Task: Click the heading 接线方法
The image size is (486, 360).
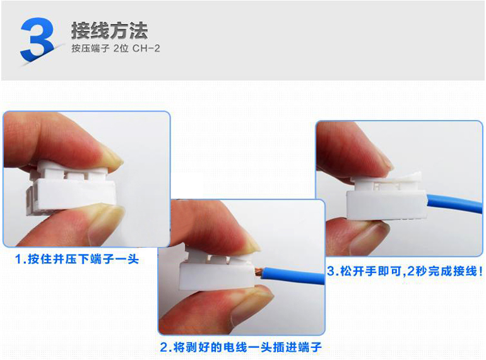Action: point(109,30)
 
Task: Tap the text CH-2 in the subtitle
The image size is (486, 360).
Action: point(146,49)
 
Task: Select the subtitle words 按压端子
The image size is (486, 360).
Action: point(90,49)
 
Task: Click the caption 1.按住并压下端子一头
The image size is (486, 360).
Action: point(77,259)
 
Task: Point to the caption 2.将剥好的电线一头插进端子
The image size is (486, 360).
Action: point(241,347)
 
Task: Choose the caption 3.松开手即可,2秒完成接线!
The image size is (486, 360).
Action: point(405,272)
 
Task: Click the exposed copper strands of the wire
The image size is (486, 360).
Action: point(258,272)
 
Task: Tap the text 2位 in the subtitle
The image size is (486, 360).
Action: point(121,49)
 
